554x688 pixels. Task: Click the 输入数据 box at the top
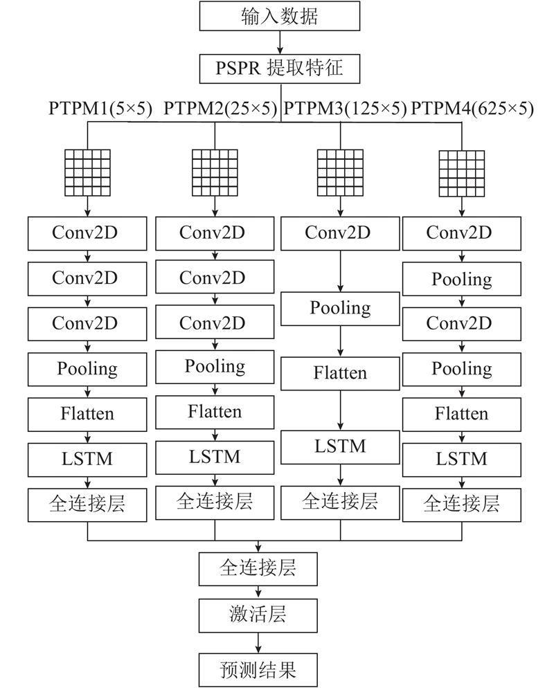(x=280, y=16)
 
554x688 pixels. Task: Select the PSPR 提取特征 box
(x=280, y=69)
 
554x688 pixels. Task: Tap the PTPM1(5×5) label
(x=100, y=109)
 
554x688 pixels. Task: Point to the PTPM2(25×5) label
(x=220, y=109)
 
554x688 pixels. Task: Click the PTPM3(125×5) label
(x=345, y=109)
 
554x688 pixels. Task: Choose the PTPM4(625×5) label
(x=472, y=109)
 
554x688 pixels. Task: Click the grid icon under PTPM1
(x=87, y=173)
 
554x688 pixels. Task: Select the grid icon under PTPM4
(x=462, y=174)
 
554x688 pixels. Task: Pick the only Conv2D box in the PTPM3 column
(x=340, y=233)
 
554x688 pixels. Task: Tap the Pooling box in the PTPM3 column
(x=340, y=309)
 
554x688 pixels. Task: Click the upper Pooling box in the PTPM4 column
(x=462, y=279)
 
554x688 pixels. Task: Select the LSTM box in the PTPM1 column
(x=87, y=460)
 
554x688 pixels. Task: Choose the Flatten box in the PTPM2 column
(x=215, y=413)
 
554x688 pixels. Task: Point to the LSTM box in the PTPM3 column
(x=340, y=447)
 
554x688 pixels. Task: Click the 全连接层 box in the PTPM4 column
(x=462, y=505)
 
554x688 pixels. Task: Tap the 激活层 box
(x=258, y=615)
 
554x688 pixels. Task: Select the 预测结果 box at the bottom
(x=258, y=670)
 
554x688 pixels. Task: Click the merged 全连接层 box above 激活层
(x=258, y=569)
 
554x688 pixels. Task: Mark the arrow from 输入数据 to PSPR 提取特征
(x=280, y=42)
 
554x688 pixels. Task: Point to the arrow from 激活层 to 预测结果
(x=258, y=643)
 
